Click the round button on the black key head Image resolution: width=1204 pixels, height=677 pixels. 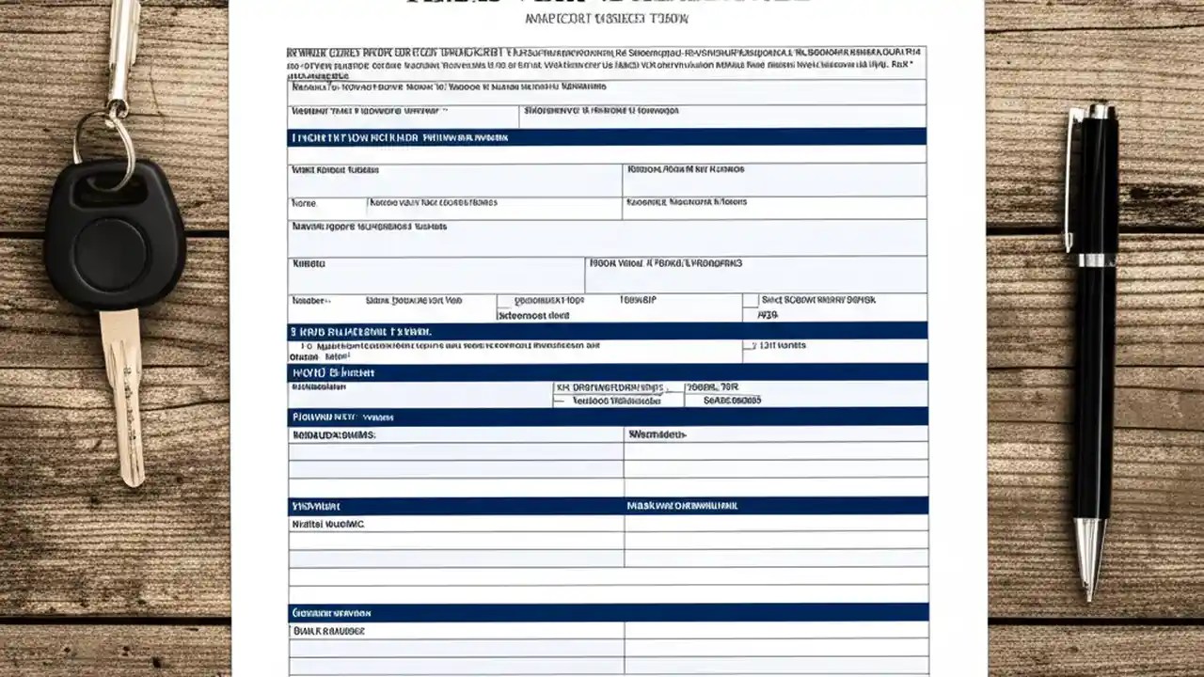[x=110, y=255]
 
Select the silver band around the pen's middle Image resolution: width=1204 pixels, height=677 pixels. [x=1097, y=260]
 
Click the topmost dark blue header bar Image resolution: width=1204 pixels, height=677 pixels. [x=607, y=137]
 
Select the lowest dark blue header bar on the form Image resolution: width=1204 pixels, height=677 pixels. [x=607, y=612]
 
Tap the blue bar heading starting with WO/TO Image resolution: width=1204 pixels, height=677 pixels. [x=607, y=372]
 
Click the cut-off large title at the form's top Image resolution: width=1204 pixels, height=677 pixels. [x=607, y=3]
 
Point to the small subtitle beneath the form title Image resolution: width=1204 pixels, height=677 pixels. [x=607, y=19]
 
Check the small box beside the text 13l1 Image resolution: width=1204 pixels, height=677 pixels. [x=750, y=346]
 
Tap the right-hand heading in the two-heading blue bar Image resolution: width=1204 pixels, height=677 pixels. [x=682, y=506]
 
